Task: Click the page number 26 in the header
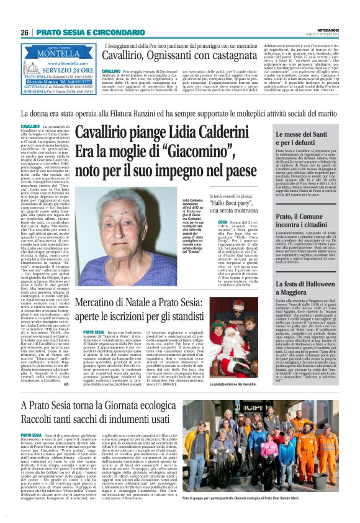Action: (25, 32)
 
